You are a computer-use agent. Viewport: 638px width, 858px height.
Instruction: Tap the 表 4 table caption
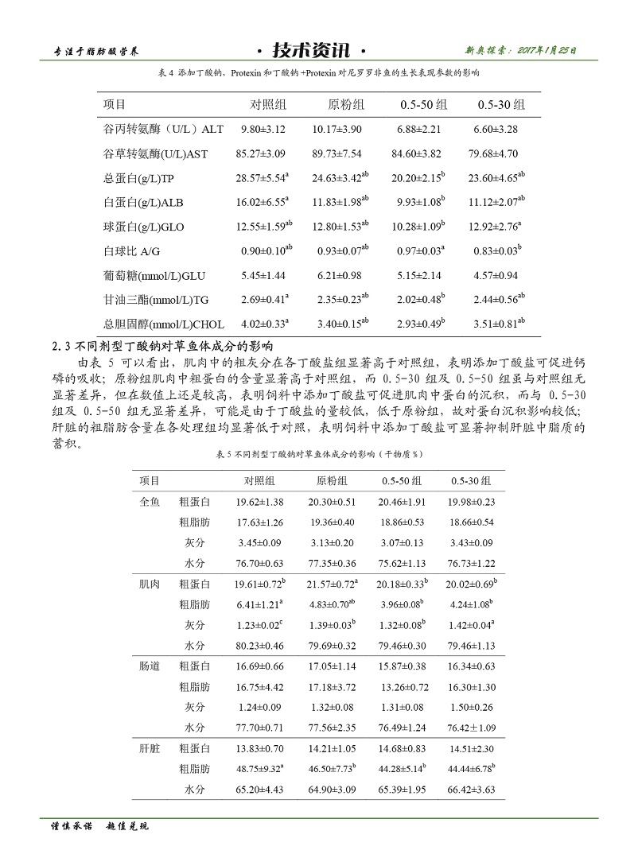[x=319, y=72]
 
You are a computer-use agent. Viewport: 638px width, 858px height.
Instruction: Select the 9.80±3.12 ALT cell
[x=263, y=128]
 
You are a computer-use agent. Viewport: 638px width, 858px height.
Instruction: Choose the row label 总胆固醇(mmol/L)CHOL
[x=165, y=324]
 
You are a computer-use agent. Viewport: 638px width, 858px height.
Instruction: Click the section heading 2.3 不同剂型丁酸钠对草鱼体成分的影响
[x=163, y=346]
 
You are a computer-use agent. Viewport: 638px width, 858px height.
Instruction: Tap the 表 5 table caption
[x=318, y=454]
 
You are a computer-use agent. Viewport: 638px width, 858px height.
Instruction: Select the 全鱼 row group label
[x=150, y=502]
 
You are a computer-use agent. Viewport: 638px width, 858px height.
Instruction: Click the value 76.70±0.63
[x=259, y=563]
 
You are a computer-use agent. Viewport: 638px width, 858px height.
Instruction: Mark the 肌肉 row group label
[x=150, y=584]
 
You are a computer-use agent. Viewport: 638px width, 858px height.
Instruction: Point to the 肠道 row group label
[x=150, y=666]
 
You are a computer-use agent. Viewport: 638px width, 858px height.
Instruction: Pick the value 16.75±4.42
[x=259, y=686]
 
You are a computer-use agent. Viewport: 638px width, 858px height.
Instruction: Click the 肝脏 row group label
[x=150, y=748]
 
